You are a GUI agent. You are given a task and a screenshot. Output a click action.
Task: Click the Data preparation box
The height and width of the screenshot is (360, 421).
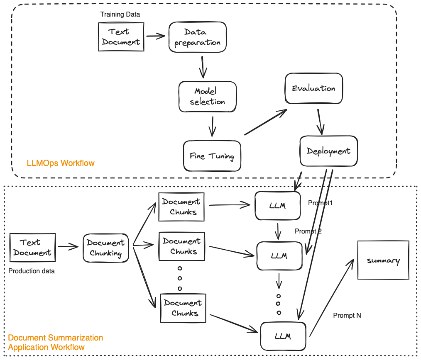198,37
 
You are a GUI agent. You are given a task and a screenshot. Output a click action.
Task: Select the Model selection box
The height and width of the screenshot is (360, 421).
207,96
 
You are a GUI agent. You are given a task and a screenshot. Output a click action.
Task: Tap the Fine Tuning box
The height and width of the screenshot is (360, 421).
212,156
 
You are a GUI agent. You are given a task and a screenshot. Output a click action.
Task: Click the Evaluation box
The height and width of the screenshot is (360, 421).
313,88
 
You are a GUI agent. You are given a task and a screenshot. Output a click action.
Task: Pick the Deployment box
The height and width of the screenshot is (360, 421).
328,151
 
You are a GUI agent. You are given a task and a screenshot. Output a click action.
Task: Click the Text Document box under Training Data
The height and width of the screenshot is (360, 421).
121,37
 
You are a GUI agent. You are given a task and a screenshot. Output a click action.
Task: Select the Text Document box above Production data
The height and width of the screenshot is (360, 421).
32,248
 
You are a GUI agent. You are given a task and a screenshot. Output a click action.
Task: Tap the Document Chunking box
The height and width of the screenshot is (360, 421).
106,248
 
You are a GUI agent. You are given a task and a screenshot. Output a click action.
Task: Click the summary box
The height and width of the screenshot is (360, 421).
383,261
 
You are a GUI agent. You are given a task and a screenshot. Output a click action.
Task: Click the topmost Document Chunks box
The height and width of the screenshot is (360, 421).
181,207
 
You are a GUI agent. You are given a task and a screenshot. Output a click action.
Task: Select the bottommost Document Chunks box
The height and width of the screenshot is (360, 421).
183,308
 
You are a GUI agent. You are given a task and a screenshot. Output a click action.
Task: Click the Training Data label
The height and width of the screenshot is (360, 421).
120,15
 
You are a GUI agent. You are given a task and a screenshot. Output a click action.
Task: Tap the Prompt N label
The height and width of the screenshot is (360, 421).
347,316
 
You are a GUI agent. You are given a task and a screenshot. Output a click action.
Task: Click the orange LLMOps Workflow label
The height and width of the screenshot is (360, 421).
60,163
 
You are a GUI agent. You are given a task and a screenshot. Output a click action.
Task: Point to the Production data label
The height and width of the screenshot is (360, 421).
32,271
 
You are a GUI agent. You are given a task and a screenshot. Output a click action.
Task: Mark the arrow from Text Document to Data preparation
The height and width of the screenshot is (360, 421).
155,36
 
